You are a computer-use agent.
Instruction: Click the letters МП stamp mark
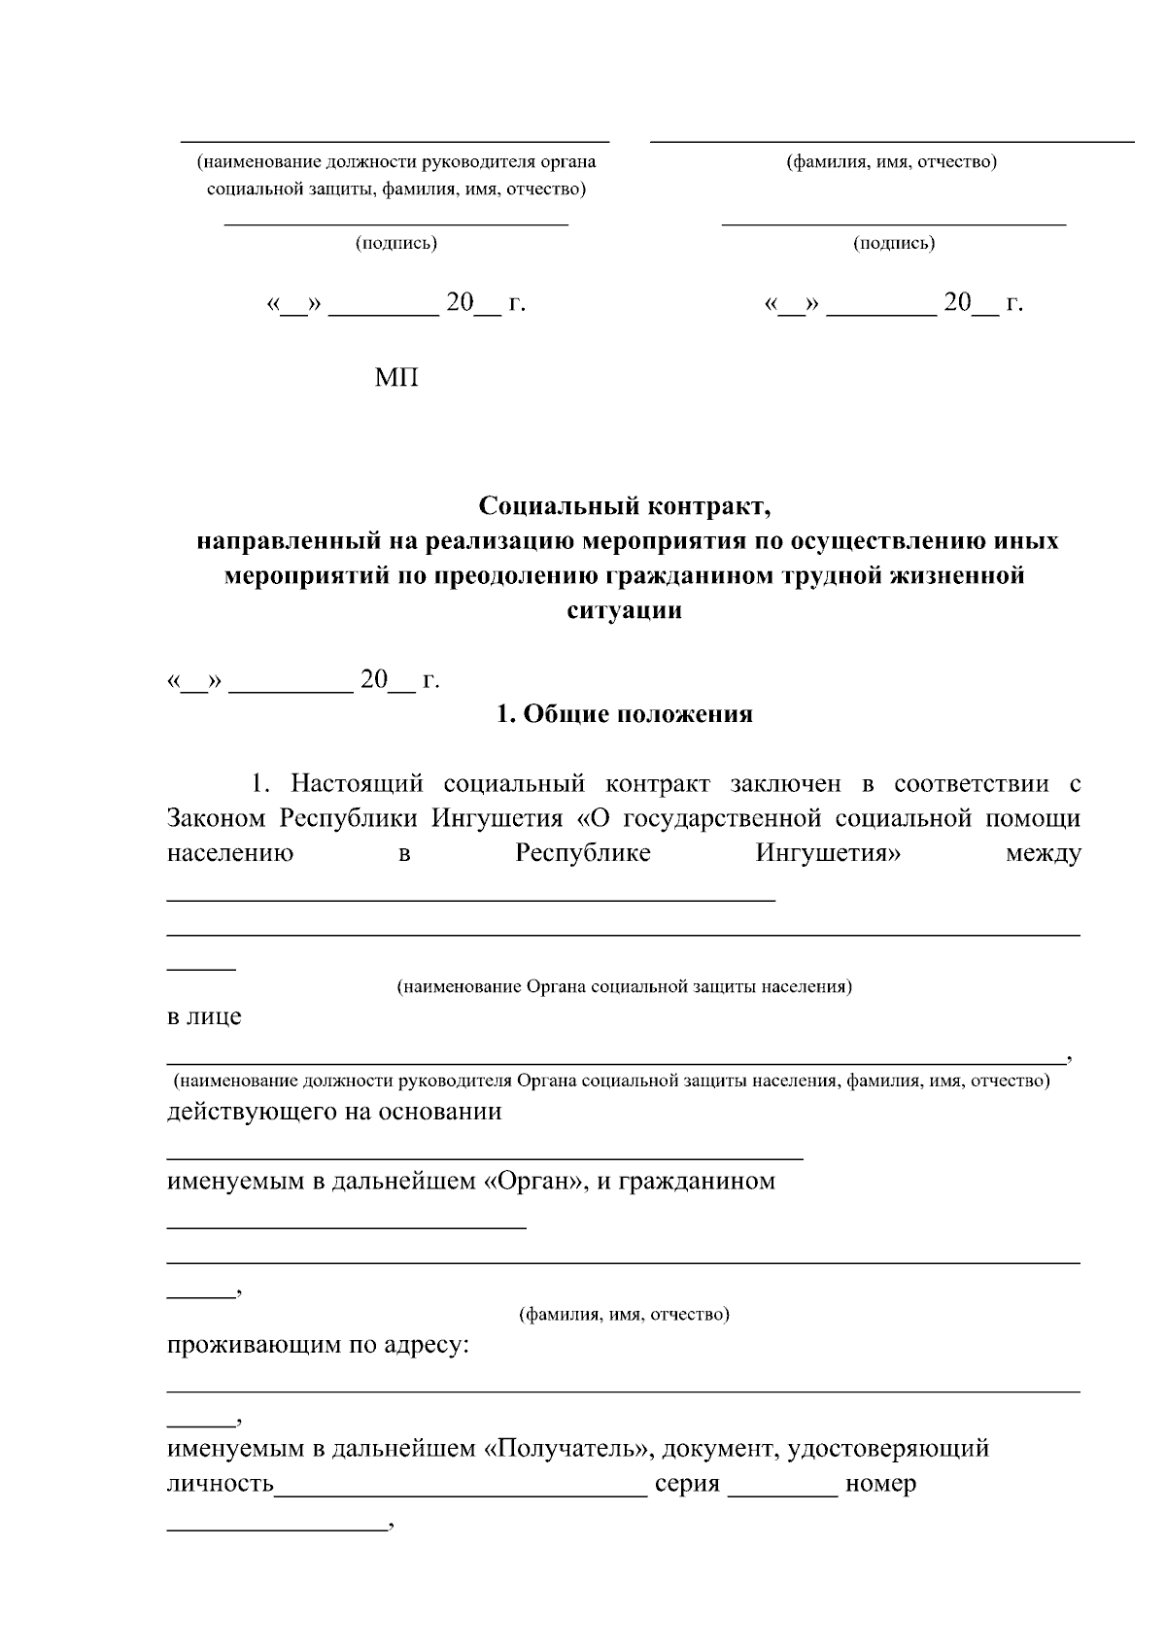(396, 378)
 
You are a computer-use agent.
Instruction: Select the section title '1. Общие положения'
(625, 714)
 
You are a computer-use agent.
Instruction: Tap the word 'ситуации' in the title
(624, 610)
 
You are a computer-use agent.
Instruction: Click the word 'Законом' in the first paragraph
(216, 818)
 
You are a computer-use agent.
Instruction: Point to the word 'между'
(1044, 854)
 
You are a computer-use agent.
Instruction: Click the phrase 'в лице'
(204, 1017)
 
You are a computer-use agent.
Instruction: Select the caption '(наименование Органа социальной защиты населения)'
(624, 987)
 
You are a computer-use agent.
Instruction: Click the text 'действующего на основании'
(334, 1112)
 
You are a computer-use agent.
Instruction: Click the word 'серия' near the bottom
(687, 1485)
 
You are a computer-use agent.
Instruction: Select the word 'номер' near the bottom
(880, 1485)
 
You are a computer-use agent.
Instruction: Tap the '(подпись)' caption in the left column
(396, 243)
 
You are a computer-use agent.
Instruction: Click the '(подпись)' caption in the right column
(894, 243)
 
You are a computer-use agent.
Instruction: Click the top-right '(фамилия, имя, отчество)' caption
(892, 162)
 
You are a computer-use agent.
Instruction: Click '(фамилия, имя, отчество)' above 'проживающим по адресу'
(624, 1315)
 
